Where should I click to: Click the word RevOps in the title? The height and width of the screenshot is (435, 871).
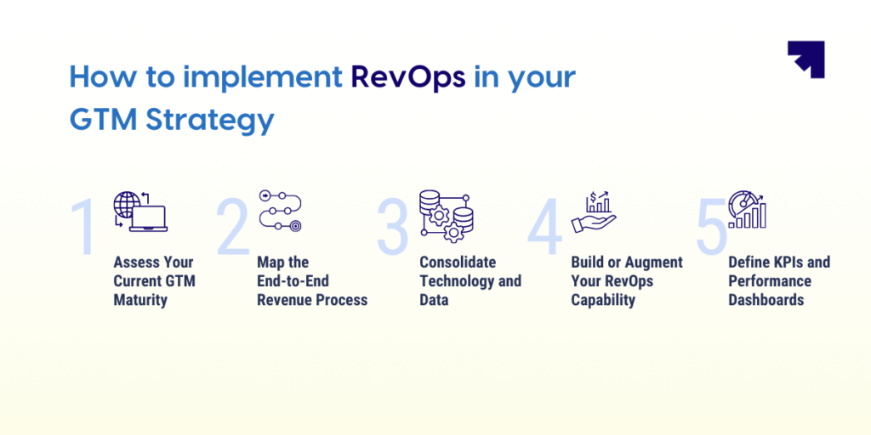click(408, 78)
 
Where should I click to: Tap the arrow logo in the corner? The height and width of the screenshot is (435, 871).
click(806, 59)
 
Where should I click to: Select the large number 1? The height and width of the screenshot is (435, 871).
click(83, 226)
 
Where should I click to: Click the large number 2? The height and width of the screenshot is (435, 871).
click(233, 226)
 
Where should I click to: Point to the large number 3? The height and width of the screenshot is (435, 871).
click(393, 226)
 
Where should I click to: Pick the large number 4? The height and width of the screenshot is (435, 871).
click(545, 226)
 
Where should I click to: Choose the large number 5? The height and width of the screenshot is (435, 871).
click(712, 226)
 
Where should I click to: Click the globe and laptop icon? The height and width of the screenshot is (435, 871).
click(140, 211)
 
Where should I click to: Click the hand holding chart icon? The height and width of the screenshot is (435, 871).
click(594, 212)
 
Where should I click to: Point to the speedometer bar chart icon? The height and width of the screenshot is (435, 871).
click(747, 210)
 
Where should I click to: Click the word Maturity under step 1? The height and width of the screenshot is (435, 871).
click(140, 300)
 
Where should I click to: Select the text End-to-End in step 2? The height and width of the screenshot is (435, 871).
click(293, 281)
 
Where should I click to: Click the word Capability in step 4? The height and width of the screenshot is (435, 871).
click(603, 300)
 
